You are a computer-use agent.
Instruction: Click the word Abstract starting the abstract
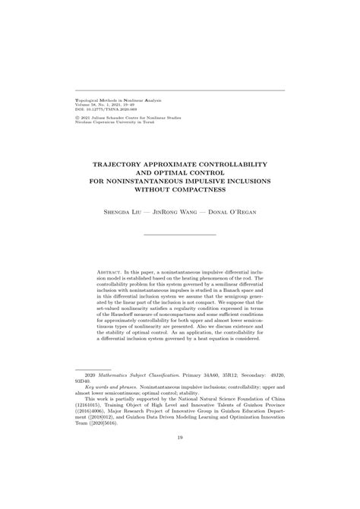click(112, 270)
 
